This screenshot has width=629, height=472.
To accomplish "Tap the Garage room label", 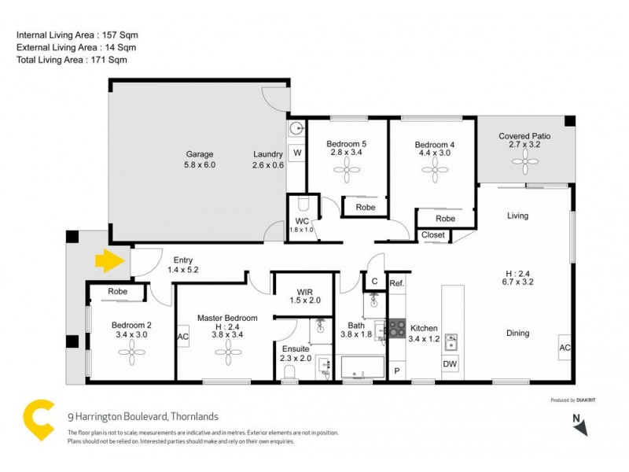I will pyautogui.click(x=200, y=154).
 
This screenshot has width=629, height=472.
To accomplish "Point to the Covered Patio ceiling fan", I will pyautogui.click(x=524, y=164).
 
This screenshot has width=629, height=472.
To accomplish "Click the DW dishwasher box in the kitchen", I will pyautogui.click(x=450, y=365).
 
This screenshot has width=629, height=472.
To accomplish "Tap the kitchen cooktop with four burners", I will pyautogui.click(x=397, y=327).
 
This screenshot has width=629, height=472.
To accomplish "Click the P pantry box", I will pyautogui.click(x=396, y=371).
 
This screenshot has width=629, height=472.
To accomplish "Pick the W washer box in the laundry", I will pyautogui.click(x=297, y=152).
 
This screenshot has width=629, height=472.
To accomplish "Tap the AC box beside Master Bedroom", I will pyautogui.click(x=183, y=337).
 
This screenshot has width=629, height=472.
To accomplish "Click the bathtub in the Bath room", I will pyautogui.click(x=362, y=367).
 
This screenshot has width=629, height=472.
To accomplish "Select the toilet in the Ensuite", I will pyautogui.click(x=289, y=373).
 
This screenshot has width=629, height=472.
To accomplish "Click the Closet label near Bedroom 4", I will pyautogui.click(x=434, y=234).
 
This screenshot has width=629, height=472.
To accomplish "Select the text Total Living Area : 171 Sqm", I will pyautogui.click(x=72, y=60).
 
